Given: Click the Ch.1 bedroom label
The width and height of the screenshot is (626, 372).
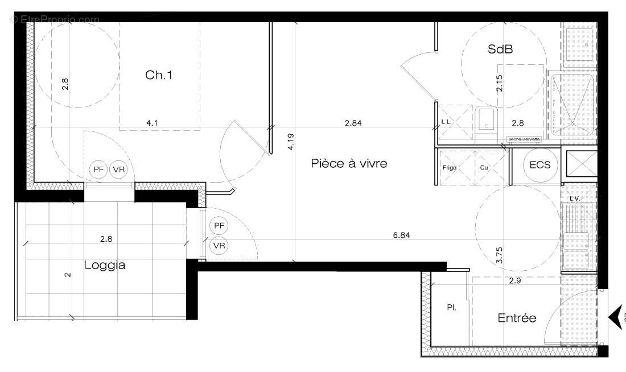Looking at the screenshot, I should pos(159,75).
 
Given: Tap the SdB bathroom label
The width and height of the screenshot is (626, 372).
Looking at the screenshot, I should pos(501,49).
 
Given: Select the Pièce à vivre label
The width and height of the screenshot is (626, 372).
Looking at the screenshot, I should pos(349,164).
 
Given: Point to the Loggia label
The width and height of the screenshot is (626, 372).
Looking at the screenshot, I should pos(105,265).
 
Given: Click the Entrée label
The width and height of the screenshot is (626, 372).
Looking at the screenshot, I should pos(517,318).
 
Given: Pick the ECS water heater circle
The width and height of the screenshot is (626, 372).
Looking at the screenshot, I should pos(540,166).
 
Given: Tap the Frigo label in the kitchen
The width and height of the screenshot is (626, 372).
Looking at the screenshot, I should pos(450,168).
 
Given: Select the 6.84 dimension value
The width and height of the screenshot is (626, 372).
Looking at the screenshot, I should pos(401,234).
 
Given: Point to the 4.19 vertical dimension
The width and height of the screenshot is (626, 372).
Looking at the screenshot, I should pos(290,141).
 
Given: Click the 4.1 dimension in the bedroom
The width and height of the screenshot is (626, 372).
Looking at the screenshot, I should pos(153,122).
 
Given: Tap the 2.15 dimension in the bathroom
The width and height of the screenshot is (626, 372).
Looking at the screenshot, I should pos(500,84).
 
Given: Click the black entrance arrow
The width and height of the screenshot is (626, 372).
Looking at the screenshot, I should pos(616,317).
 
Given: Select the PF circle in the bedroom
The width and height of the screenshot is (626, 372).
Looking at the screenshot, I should pos(99,169).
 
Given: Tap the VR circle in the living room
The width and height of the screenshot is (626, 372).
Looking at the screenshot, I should pos(219,246).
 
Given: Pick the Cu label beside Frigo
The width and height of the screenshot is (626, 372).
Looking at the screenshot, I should pos(484,168).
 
